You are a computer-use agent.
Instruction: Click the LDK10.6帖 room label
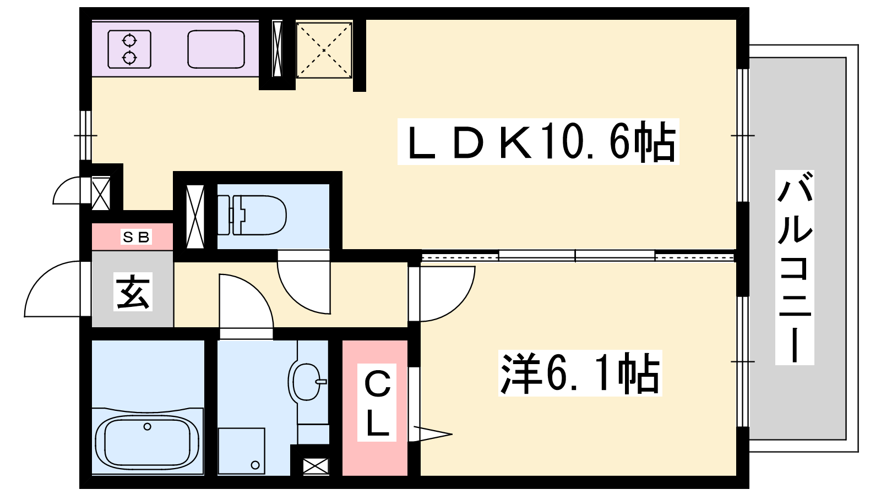click(538, 141)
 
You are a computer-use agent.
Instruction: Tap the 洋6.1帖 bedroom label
click(580, 373)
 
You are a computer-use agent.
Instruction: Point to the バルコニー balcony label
click(795, 267)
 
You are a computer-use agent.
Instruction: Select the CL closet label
click(377, 403)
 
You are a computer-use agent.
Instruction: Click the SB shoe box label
click(136, 237)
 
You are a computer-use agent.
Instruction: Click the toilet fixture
click(252, 215)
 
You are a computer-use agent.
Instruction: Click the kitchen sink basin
click(216, 50)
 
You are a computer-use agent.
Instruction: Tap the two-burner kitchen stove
click(129, 50)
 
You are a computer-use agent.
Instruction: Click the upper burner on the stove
click(129, 41)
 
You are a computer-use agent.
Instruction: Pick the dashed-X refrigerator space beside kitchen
click(324, 50)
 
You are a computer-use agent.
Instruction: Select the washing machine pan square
click(242, 451)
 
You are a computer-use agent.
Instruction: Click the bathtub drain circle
click(148, 427)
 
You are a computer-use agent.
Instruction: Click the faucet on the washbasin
click(322, 382)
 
